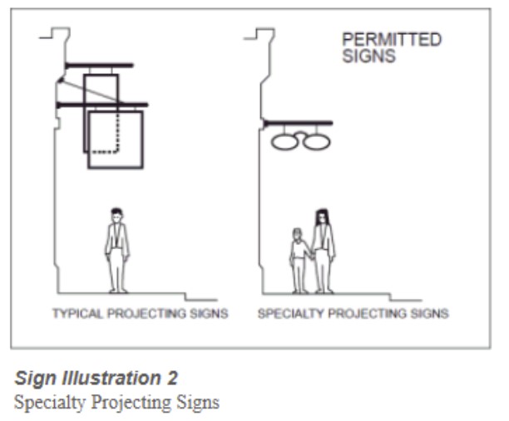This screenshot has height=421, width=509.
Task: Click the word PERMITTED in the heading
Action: click(392, 40)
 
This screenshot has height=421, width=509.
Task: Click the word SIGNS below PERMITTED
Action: click(369, 56)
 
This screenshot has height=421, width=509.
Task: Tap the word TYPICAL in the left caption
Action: click(77, 313)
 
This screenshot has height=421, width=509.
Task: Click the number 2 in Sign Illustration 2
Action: click(172, 378)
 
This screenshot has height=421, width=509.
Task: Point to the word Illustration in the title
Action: click(112, 378)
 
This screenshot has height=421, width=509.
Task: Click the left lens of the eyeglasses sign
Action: click(284, 142)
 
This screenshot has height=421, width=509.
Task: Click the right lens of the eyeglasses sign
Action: click(317, 142)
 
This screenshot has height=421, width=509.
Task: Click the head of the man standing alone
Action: click(116, 215)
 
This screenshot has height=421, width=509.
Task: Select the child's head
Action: click(297, 234)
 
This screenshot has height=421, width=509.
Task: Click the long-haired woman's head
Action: click(321, 217)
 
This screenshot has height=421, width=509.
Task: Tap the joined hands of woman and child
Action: click(312, 257)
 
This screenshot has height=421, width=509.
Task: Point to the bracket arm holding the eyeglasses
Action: click(298, 123)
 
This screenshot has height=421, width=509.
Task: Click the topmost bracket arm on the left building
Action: click(99, 66)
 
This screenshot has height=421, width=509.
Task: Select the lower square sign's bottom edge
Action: click(116, 168)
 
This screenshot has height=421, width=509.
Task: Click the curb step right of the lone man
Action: click(185, 297)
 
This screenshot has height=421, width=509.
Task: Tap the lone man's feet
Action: click(118, 291)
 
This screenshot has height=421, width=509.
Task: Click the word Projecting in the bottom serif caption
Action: click(131, 403)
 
